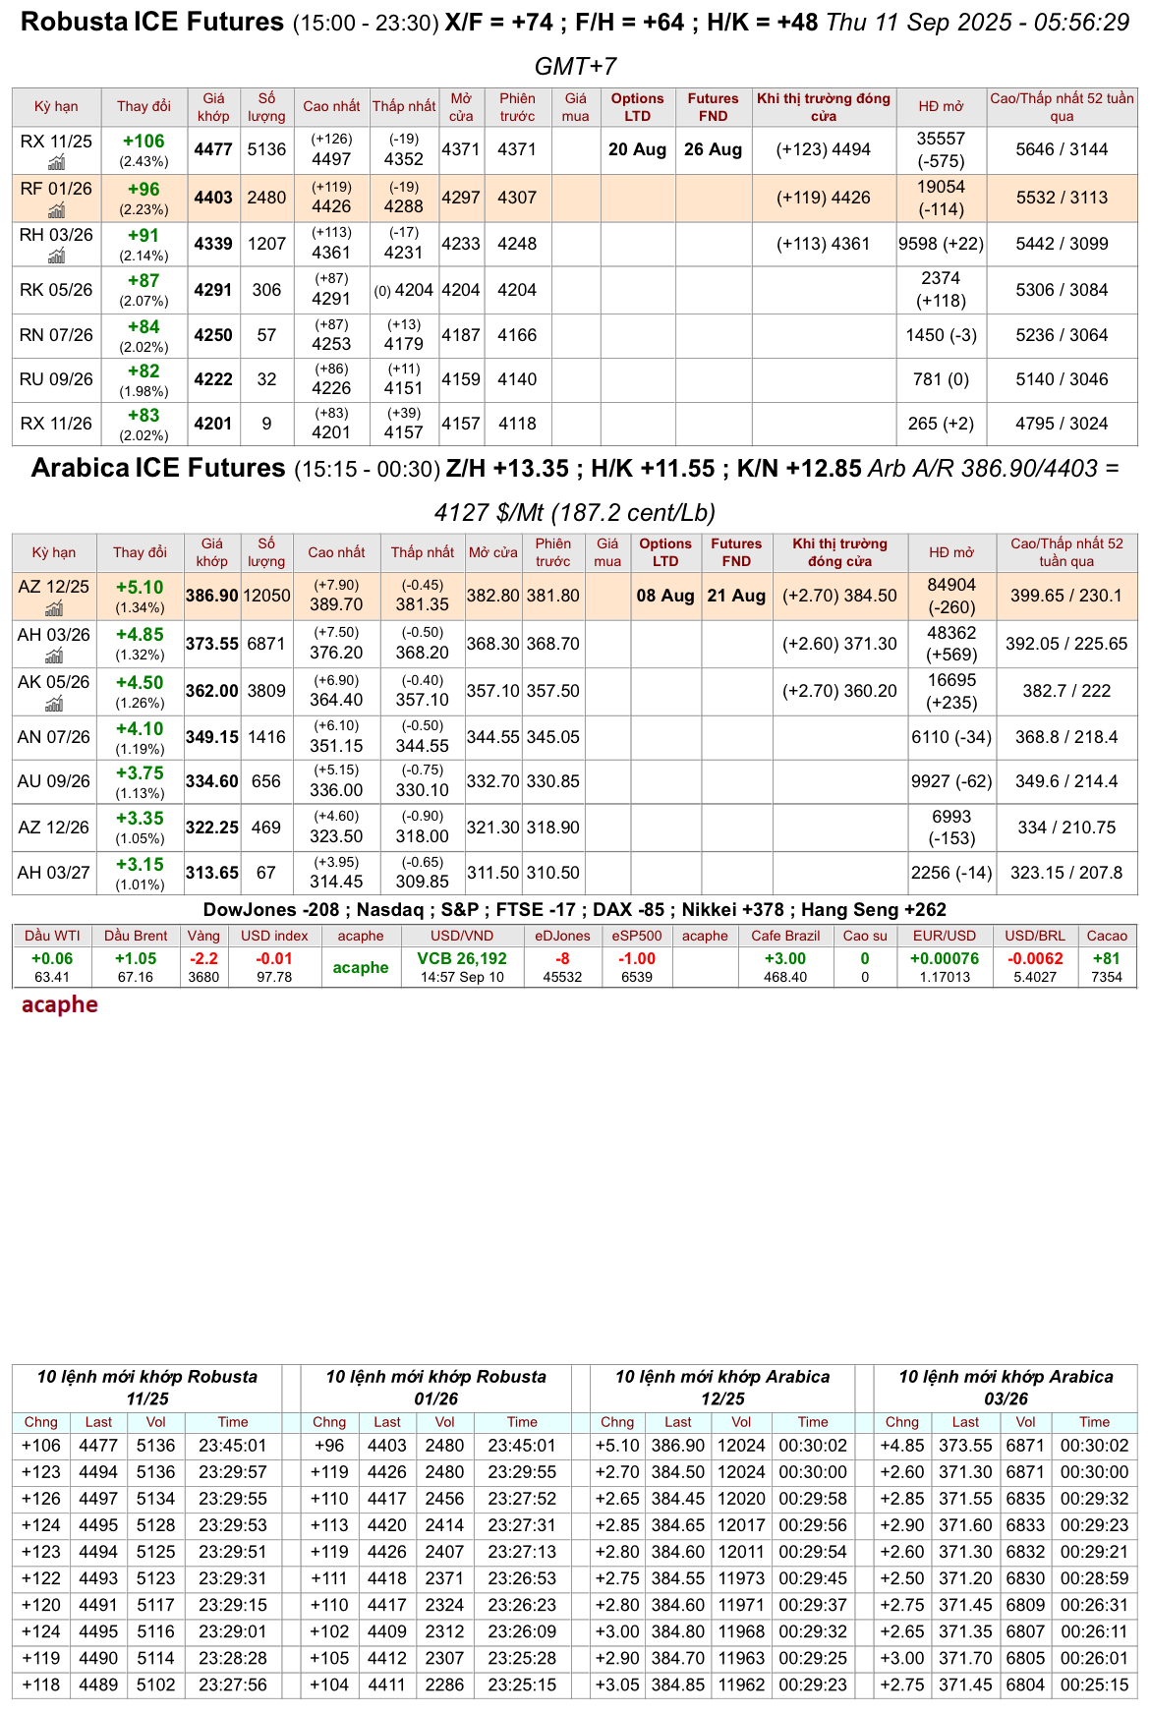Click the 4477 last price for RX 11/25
point(213,149)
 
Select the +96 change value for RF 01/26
point(144,190)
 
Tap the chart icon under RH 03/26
point(57,257)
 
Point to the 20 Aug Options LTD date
point(637,149)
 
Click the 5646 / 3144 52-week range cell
point(1062,149)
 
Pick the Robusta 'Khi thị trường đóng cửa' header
point(824,107)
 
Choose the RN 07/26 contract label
point(56,335)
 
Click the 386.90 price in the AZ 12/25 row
point(211,596)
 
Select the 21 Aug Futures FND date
point(736,596)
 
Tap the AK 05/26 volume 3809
point(266,691)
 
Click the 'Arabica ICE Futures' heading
point(158,468)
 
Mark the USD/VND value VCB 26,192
point(462,959)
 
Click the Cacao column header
point(1107,936)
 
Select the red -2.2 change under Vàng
point(203,959)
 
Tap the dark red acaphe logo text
point(60,1004)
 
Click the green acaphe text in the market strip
point(361,967)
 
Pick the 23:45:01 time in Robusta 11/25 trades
point(233,1446)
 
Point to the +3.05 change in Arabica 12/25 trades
point(617,1684)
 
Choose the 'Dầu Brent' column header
point(136,936)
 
